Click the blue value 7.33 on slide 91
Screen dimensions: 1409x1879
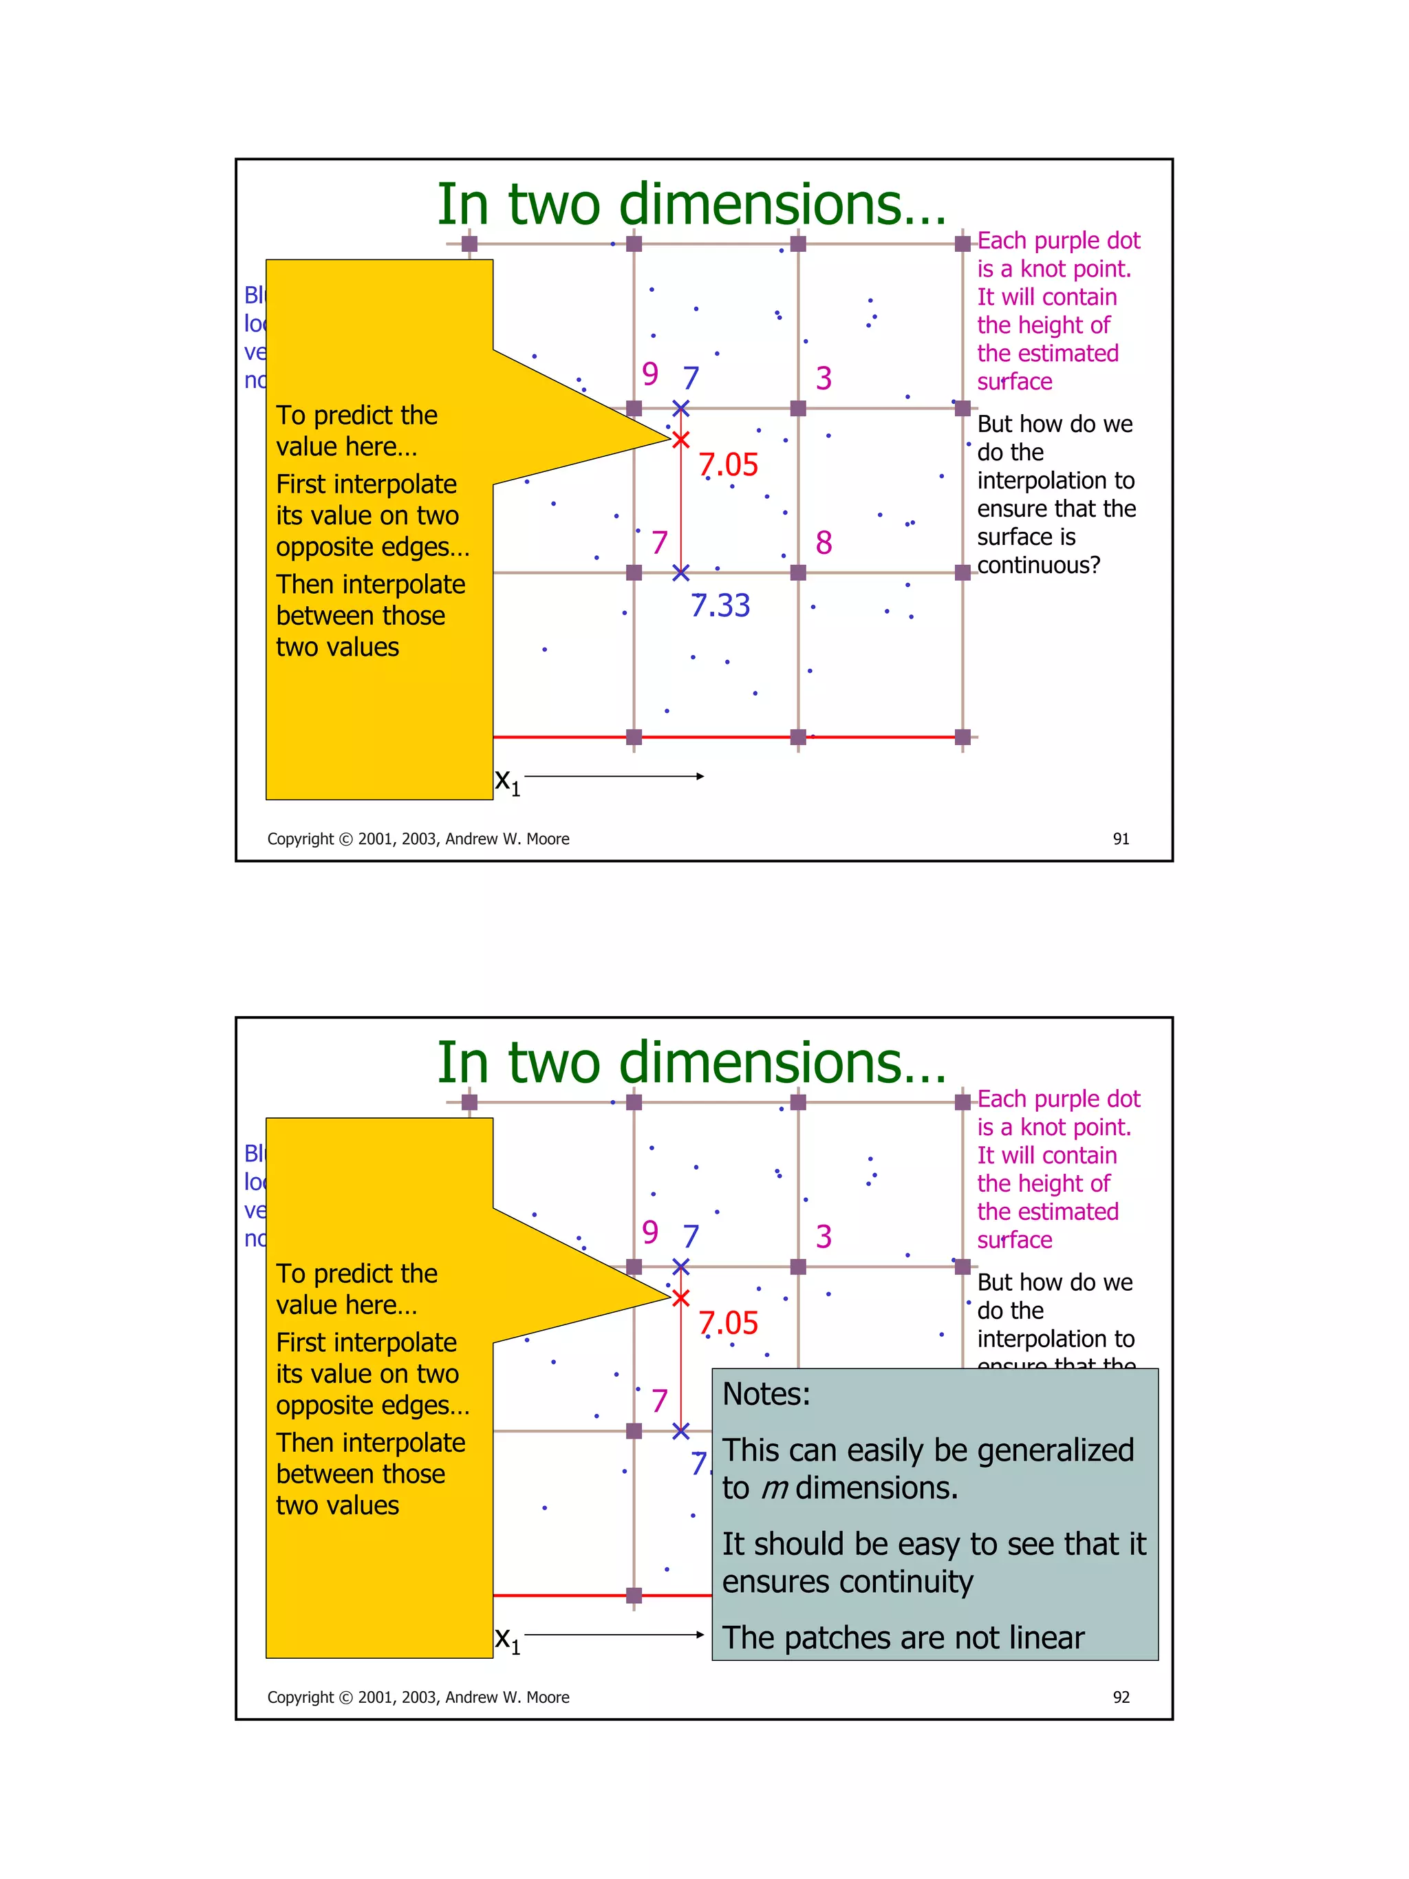click(720, 605)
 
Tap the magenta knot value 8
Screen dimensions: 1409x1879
click(823, 543)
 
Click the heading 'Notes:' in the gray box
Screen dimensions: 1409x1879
click(766, 1395)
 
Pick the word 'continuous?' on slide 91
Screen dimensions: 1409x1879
click(1038, 565)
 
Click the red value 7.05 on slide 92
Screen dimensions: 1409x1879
click(728, 1324)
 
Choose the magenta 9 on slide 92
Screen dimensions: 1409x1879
click(649, 1232)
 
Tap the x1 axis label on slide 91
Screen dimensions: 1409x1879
click(507, 781)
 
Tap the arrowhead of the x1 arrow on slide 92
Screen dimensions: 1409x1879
click(700, 1634)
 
